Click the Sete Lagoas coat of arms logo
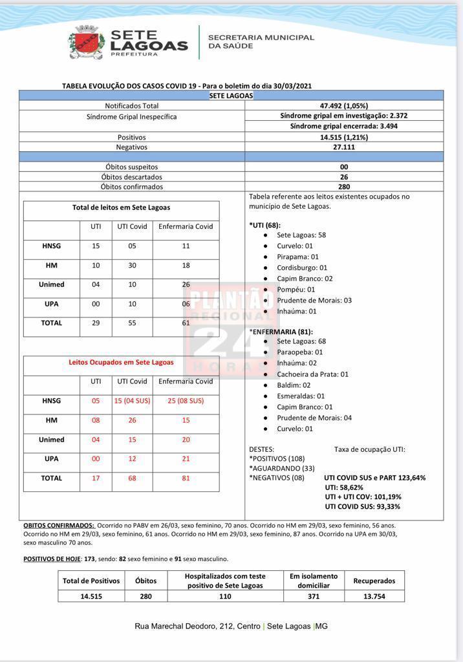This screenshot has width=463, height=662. (x=87, y=43)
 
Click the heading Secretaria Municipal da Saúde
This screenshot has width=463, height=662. (x=261, y=42)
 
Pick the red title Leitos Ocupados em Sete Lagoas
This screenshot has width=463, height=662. (x=121, y=362)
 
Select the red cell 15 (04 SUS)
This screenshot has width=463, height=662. (x=132, y=401)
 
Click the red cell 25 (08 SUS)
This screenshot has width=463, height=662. (x=186, y=401)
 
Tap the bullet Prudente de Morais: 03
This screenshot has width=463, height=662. (x=314, y=301)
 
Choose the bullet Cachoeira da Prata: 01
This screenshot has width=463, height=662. (x=312, y=374)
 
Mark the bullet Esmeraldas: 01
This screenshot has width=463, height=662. (x=301, y=396)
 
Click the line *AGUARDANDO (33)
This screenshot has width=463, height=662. (x=282, y=468)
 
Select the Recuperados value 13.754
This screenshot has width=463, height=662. (x=374, y=596)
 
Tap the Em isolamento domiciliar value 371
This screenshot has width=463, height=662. (x=314, y=596)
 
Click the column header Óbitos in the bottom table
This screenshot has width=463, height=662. (x=145, y=581)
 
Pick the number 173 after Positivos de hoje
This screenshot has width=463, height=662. (x=89, y=559)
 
